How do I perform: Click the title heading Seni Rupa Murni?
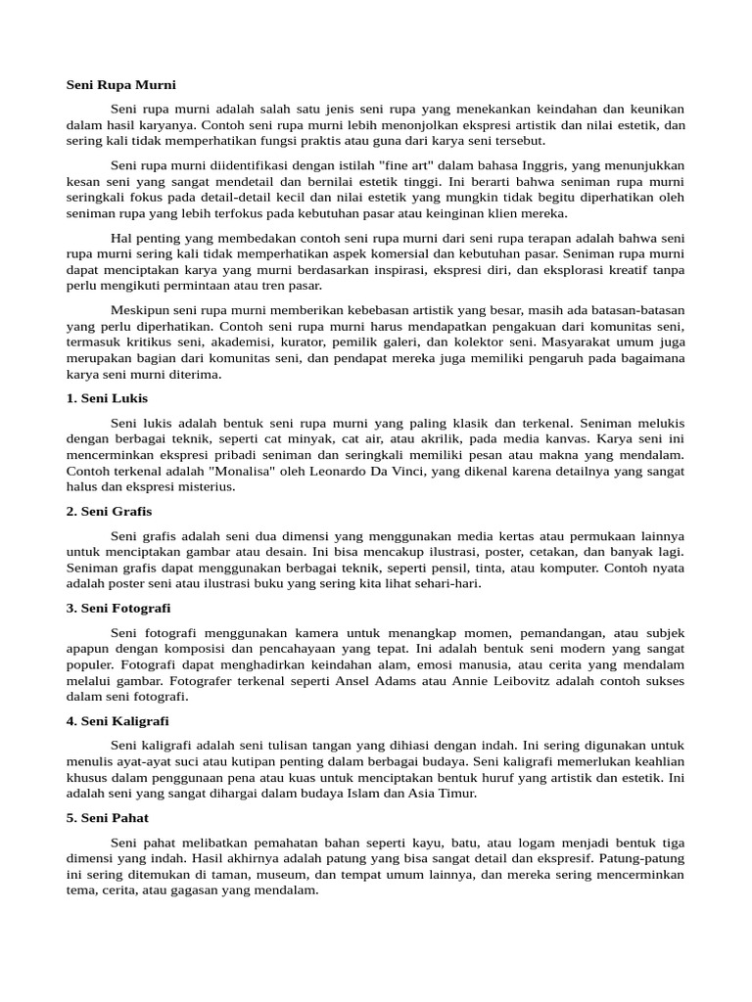tap(120, 85)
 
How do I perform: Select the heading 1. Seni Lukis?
tap(107, 398)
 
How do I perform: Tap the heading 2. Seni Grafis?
tap(109, 511)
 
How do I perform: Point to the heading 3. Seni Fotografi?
tap(118, 608)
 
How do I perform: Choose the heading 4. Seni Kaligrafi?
tap(117, 720)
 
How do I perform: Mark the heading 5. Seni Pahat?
tap(108, 817)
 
